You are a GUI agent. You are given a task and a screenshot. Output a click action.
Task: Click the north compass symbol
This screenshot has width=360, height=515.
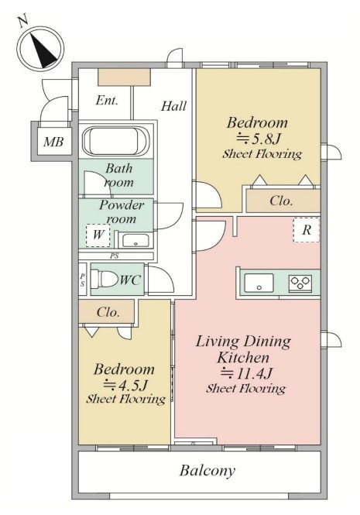click(40, 48)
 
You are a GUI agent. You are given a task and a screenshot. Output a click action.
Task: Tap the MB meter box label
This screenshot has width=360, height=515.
click(53, 142)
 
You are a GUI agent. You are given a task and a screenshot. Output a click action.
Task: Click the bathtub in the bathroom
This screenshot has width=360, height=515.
click(115, 142)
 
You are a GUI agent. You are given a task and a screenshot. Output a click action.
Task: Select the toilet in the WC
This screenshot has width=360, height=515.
click(104, 279)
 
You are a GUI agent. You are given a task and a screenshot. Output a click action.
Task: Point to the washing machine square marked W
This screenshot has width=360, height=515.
click(98, 235)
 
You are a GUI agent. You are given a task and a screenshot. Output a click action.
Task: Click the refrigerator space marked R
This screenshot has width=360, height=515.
click(306, 230)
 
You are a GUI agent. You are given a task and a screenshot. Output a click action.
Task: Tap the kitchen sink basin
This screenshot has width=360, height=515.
click(259, 283)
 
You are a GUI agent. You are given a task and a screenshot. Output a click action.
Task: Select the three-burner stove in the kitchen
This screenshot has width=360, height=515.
click(300, 283)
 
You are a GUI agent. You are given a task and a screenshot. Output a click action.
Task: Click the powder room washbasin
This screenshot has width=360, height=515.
click(135, 240)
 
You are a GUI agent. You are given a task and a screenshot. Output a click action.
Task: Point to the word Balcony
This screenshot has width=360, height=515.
click(207, 471)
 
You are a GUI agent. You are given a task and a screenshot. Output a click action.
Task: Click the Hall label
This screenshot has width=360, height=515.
click(173, 106)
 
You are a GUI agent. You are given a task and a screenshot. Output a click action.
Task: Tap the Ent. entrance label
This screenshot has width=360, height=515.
click(107, 101)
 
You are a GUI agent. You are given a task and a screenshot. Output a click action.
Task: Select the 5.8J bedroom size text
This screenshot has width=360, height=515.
click(258, 139)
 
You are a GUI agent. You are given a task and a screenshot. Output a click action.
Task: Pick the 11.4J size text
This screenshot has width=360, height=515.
click(246, 373)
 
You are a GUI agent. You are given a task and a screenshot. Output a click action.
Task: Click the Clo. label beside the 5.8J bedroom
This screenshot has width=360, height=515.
click(281, 201)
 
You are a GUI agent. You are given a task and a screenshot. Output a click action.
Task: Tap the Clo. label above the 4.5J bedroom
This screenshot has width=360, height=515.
click(108, 312)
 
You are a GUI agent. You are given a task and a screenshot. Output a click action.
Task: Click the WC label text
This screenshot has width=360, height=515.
click(130, 280)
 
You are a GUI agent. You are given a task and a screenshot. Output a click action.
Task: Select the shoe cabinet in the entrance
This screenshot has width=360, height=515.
click(124, 77)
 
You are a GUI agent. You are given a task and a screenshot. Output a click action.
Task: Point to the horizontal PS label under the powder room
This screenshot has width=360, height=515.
click(115, 256)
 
